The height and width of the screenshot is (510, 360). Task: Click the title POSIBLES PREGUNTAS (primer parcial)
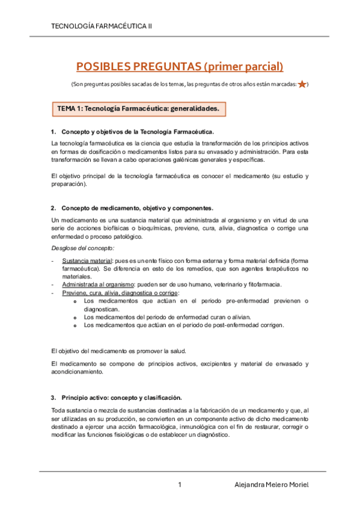click(x=179, y=67)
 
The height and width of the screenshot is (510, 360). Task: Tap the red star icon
click(x=302, y=84)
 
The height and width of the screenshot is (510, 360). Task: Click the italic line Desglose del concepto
click(x=75, y=248)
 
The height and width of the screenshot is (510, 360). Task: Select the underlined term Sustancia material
click(x=82, y=260)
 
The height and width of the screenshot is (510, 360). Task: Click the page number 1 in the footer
click(x=180, y=485)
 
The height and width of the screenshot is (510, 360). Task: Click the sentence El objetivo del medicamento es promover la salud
click(x=119, y=351)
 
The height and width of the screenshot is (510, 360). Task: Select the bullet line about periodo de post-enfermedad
click(x=183, y=325)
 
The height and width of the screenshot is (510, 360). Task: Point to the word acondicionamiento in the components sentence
click(x=79, y=372)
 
